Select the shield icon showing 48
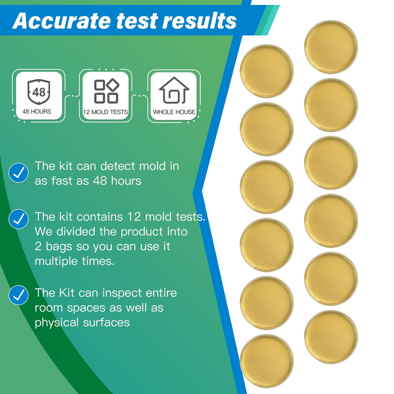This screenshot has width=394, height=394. (39, 91)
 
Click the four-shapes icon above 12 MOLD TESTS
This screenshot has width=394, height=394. (106, 91)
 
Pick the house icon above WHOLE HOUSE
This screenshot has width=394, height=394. (174, 90)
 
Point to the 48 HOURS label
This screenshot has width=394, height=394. (36, 112)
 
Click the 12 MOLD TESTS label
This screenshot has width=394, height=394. (105, 112)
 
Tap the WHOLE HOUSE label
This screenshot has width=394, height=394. (174, 112)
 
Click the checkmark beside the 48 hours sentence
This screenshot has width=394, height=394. (19, 172)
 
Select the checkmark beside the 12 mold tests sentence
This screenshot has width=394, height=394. (19, 219)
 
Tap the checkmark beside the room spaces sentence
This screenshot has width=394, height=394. (19, 295)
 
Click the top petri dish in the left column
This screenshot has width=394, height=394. (266, 71)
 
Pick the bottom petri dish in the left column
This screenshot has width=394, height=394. (266, 361)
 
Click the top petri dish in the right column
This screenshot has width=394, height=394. (331, 47)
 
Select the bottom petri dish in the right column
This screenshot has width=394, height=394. (331, 337)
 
